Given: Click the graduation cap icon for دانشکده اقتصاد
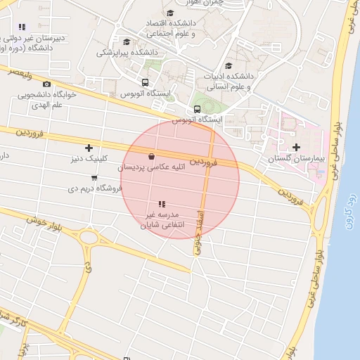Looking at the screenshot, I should coord(169,13).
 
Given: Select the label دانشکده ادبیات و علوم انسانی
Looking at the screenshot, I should coord(229,81).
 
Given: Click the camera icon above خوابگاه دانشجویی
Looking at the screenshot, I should coord(46,84).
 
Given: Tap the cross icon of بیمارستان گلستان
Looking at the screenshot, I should coord(296,147).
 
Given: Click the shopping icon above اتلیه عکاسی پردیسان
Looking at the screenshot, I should coord(152,156).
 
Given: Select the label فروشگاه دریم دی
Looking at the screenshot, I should coord(91,188).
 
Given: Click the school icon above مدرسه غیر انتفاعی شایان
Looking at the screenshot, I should coord(162,203).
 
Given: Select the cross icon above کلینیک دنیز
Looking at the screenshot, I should coord(89,148).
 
